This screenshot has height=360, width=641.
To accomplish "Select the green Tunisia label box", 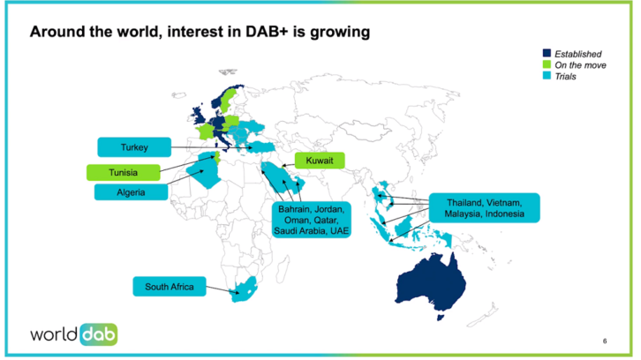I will point(124,170).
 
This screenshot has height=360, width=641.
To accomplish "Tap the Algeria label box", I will point(130,191).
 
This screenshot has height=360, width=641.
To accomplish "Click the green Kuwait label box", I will point(319,161).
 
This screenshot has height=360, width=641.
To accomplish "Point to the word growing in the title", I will point(341,33).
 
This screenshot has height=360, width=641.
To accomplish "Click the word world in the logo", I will point(56,335).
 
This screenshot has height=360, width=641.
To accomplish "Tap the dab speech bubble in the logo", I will point(99,334).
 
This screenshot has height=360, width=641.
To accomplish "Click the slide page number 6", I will point(605,341).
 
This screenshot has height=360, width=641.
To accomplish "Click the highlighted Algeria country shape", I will point(207,173).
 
